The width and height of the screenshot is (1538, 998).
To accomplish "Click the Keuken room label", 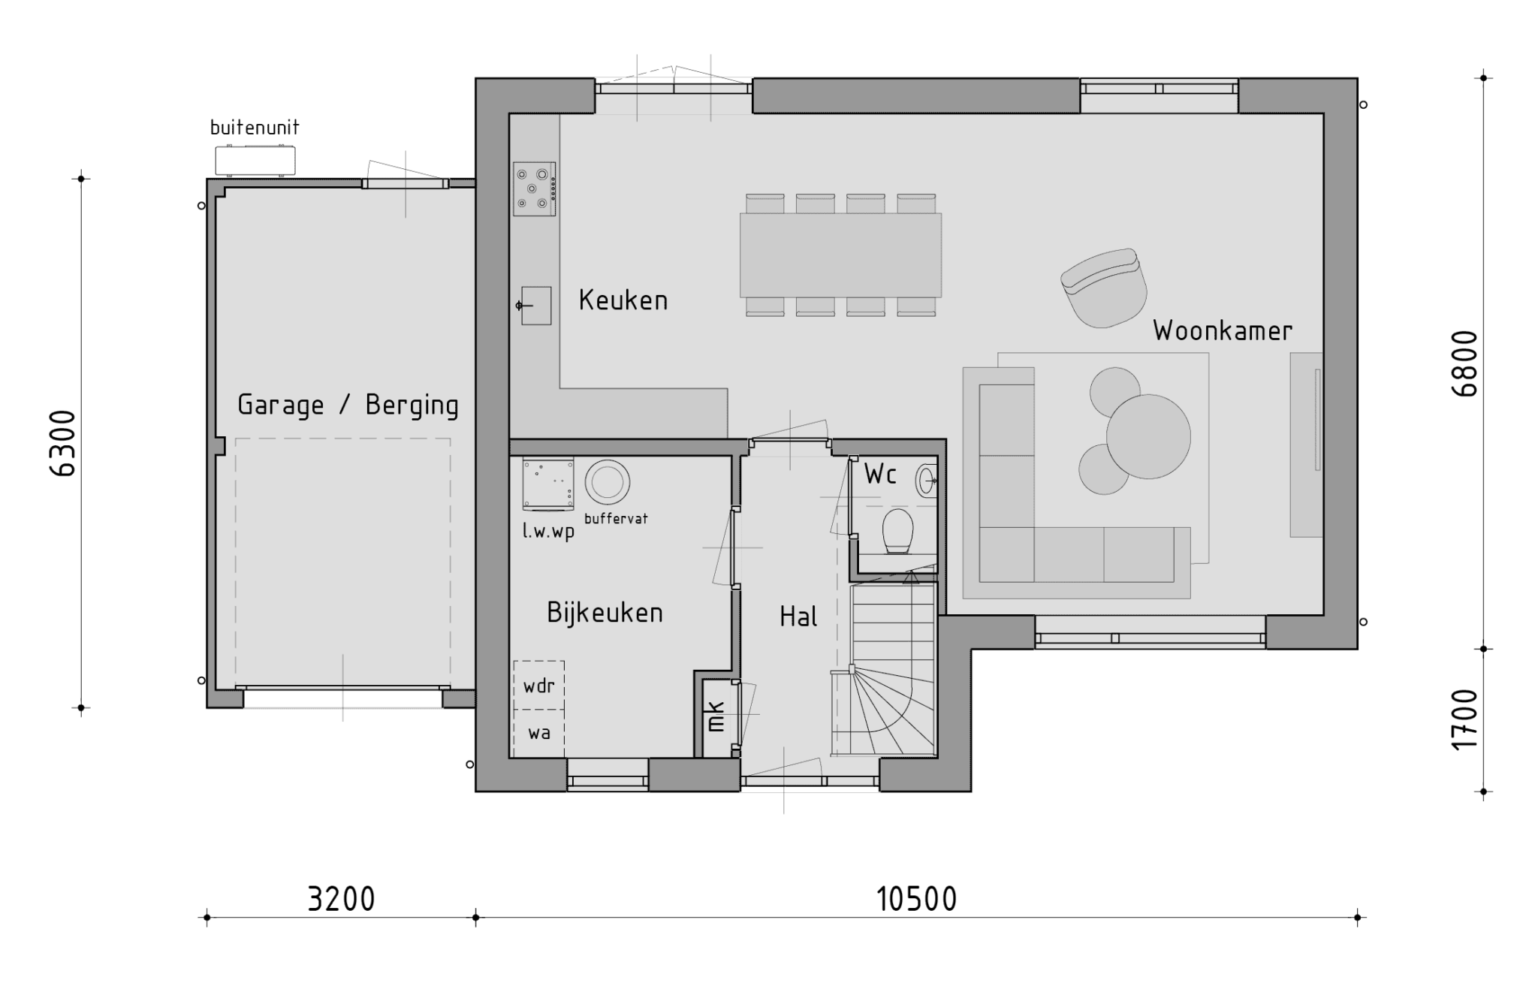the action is pos(623,300).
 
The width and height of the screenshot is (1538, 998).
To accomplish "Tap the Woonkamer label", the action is pos(1223,330).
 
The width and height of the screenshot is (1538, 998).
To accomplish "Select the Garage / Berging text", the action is pos(348,406).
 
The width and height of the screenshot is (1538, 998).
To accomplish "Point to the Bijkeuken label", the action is pos(605,613).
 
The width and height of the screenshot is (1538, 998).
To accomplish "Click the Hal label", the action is pos(798,617).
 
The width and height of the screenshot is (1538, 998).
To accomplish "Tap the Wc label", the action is pos(880,475).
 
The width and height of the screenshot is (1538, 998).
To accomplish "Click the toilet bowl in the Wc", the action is pos(897,531).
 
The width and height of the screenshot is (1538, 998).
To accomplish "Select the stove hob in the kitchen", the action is pos(534,188).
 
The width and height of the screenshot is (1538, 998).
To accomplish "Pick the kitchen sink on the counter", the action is pos(535,306).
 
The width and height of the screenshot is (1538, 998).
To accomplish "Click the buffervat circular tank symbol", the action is pos(608,482).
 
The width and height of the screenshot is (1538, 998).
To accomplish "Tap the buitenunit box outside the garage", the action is pos(255,161).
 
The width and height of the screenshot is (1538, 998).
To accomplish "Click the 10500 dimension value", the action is pos(917,900).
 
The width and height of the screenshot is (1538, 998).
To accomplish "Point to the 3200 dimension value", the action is pos(341,900).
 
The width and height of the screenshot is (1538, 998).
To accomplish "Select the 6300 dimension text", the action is pos(63,444).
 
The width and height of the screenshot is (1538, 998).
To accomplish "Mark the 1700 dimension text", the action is pos(1465,719).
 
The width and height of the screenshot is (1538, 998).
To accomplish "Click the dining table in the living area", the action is pos(840,255).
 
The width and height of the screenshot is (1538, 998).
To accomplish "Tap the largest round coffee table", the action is pos(1148,436).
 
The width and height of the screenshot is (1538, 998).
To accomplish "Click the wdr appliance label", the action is pos(538,686).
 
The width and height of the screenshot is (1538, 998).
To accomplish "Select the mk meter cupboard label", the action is pos(716,716).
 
